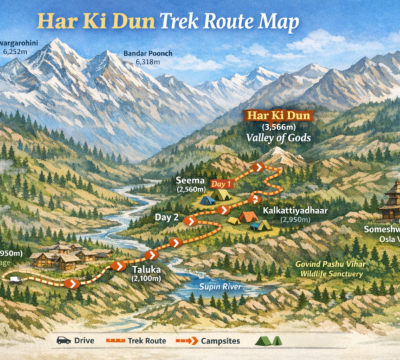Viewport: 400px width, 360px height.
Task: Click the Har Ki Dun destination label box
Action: tap(279, 115)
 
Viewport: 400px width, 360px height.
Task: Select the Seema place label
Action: tap(188, 180)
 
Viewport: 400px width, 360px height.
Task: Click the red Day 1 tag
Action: tap(221, 183)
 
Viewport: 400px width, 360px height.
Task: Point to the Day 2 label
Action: tap(167, 217)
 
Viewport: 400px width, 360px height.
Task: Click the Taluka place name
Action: tap(147, 269)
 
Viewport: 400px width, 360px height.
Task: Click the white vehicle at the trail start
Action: tap(15, 280)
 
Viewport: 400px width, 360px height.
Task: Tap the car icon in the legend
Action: tap(63, 340)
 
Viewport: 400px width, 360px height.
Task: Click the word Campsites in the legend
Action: tap(225, 341)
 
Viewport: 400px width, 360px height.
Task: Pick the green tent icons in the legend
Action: tap(269, 340)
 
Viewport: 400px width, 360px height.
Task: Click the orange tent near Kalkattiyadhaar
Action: tap(248, 217)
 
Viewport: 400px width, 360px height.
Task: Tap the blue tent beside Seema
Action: tap(207, 199)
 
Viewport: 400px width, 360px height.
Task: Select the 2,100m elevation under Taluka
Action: tap(147, 278)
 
